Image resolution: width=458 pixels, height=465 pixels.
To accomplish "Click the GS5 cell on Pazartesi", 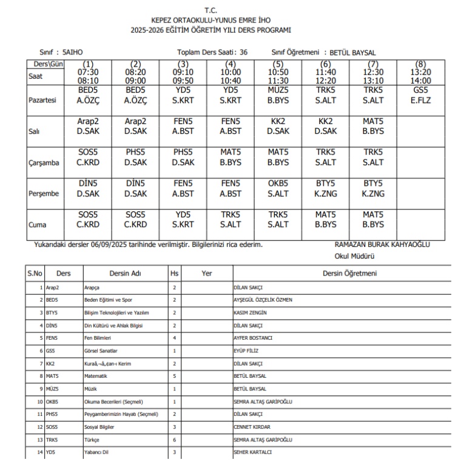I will coord(420,95).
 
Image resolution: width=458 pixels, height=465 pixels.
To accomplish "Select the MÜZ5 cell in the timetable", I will coord(278,95).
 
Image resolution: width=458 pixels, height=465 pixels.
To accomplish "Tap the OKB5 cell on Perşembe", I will coord(278,188).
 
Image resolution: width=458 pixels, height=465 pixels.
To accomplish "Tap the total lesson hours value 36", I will coord(243,53).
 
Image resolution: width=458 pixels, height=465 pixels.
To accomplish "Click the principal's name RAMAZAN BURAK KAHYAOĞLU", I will coord(382,245).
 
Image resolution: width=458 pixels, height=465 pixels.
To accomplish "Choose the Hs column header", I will coord(175,273).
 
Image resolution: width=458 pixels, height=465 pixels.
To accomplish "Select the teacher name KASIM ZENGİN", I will coord(251,312).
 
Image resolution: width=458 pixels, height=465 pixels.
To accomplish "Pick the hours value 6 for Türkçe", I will coord(174,439).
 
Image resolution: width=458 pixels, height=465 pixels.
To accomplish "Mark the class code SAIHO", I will coord(73,53).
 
